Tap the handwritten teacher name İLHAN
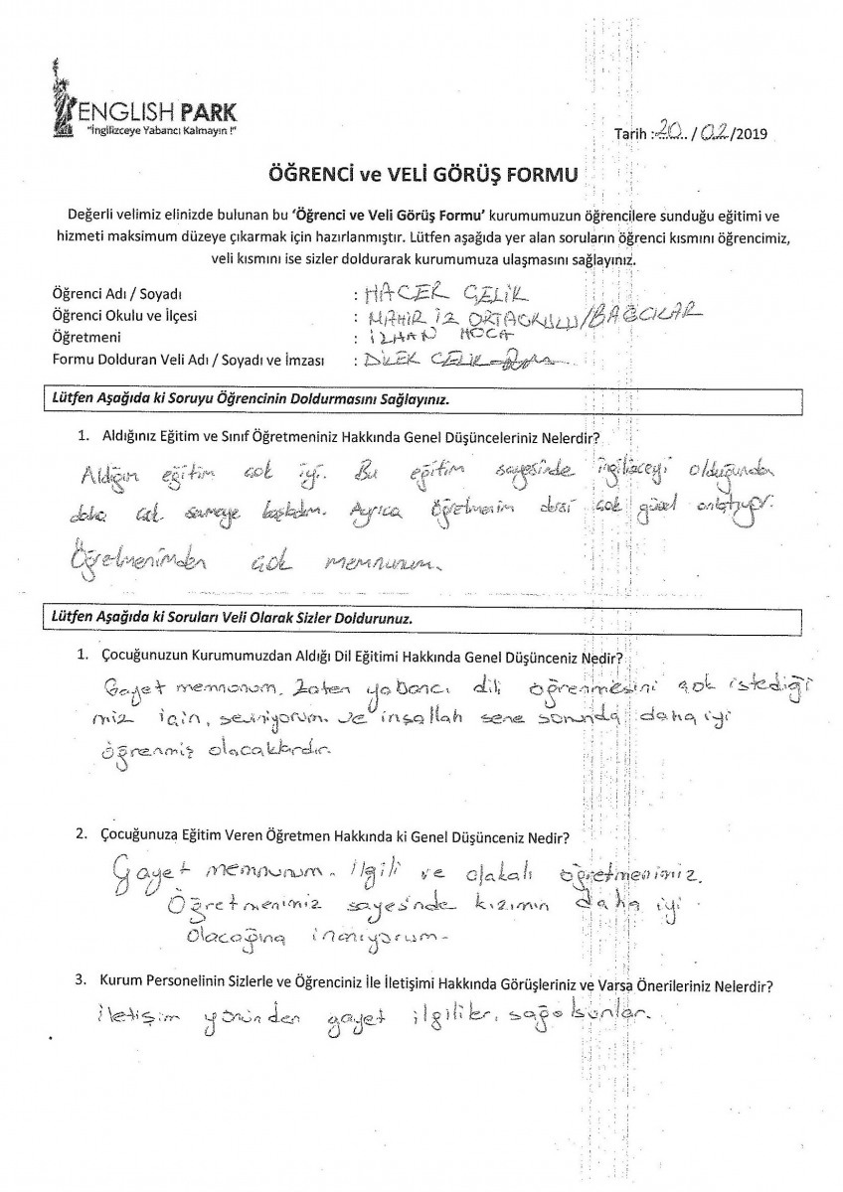[x=397, y=338]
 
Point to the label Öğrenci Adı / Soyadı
[x=118, y=296]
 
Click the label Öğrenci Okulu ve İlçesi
[x=131, y=317]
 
